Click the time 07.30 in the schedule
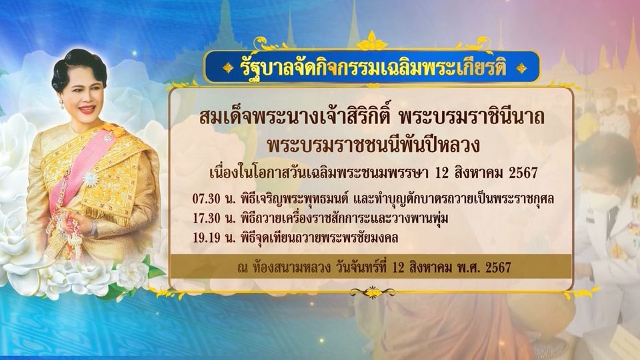coord(206,199)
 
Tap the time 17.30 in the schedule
coord(206,219)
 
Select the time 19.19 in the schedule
coord(206,237)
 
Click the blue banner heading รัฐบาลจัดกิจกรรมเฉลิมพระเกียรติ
coord(372,68)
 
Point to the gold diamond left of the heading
coord(228,68)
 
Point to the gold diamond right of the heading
coord(521,68)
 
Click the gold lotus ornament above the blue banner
coord(371,41)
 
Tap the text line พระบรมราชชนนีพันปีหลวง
coord(372,145)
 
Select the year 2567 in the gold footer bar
coord(498,267)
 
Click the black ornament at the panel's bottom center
coord(372,292)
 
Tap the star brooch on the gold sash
coord(90,179)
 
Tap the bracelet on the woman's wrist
coord(95,228)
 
